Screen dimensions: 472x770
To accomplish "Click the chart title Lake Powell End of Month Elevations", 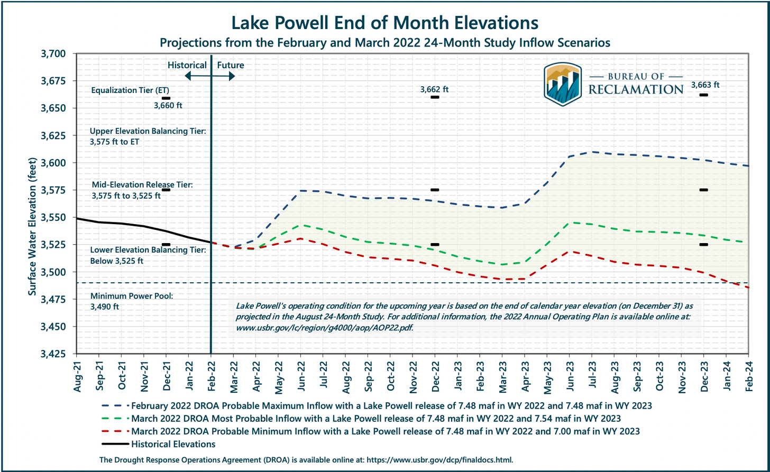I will point(384,23).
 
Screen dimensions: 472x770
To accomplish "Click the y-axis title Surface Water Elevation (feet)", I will point(32,203).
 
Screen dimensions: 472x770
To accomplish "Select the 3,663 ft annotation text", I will point(705,85).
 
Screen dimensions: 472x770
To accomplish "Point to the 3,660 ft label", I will point(168,106).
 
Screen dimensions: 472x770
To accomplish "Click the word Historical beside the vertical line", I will point(187,66).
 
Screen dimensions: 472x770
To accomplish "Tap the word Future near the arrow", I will point(231,66).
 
